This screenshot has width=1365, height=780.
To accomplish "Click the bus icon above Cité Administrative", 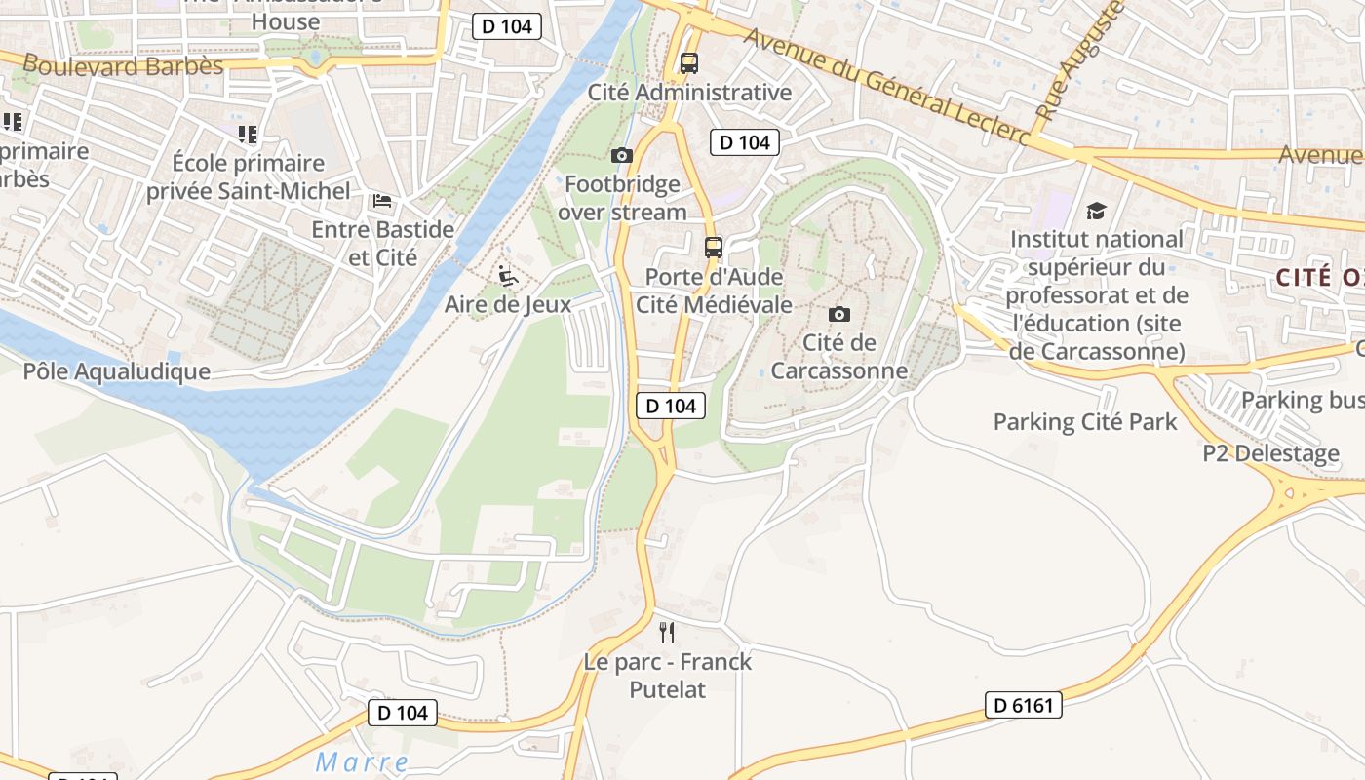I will (689, 63).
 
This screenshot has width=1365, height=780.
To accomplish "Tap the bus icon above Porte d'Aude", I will (714, 248).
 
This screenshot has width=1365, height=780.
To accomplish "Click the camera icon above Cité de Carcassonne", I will (838, 314).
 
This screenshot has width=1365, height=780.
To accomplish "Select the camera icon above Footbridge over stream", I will (621, 155).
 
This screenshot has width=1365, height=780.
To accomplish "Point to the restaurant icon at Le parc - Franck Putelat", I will (667, 633).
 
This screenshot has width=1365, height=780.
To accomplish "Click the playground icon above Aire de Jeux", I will (507, 276).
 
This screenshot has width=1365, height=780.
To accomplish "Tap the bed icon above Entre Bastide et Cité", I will (382, 201).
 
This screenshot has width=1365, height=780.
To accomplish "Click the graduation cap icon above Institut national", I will (1096, 211).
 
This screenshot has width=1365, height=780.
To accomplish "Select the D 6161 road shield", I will (1024, 705).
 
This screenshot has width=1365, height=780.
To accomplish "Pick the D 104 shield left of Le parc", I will (403, 713).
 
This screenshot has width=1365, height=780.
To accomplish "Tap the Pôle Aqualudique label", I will (116, 371).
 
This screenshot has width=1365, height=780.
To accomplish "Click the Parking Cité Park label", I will (1085, 422).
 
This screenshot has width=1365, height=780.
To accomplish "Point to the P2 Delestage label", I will (1270, 453).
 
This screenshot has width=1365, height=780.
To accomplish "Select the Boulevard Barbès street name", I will (123, 66).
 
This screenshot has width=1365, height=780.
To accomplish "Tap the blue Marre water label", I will (363, 761).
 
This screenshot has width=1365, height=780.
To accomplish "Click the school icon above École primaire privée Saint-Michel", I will (247, 134).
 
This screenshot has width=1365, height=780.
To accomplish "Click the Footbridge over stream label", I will (622, 198).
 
